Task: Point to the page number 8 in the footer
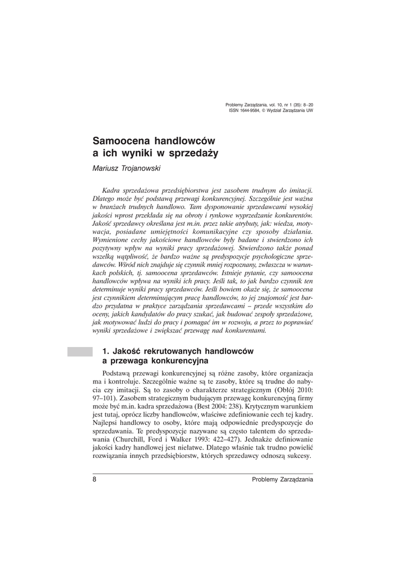coord(94,479)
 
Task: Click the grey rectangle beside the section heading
coord(80,351)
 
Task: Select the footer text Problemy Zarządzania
coord(283,479)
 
